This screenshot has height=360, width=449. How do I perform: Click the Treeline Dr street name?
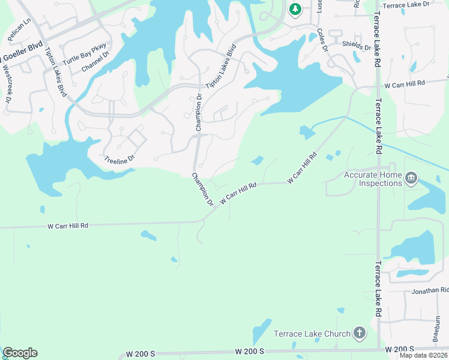[118, 160]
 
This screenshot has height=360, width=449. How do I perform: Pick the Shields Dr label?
[357, 46]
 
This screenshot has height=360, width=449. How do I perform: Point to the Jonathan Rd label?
[430, 290]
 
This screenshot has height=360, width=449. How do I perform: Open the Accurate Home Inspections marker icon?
[411, 178]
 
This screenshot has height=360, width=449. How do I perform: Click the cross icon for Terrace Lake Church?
[359, 332]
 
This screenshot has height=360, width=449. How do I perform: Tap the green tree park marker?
[295, 9]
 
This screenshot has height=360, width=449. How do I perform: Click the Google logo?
[20, 353]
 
